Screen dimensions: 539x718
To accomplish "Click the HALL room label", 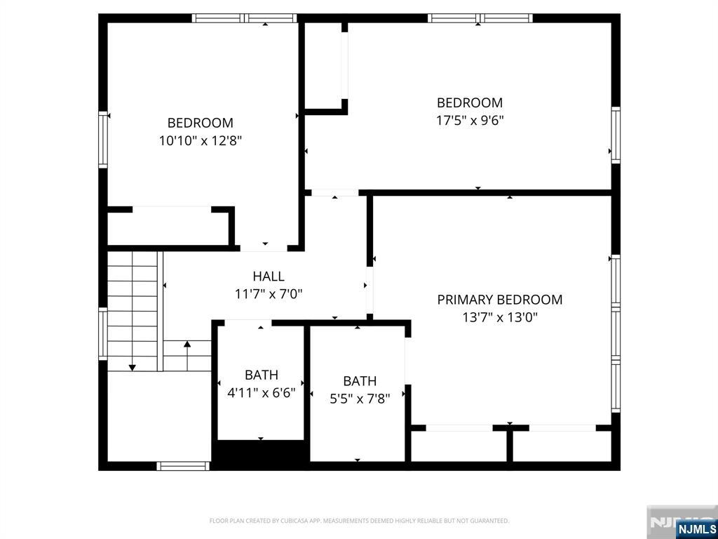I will pyautogui.click(x=269, y=277).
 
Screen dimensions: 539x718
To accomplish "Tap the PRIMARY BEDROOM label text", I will pyautogui.click(x=499, y=300).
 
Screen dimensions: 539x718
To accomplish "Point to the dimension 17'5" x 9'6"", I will pyautogui.click(x=470, y=120).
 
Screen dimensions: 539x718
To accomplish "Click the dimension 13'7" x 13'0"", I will pyautogui.click(x=499, y=317).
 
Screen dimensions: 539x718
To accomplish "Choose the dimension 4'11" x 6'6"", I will pyautogui.click(x=261, y=393).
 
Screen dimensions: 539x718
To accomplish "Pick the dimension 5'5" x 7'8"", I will pyautogui.click(x=359, y=399).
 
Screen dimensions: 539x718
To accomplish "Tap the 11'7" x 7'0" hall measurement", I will pyautogui.click(x=269, y=294).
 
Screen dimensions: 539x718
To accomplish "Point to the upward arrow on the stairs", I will pyautogui.click(x=187, y=345).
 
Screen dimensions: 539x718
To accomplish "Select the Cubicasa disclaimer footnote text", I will pyautogui.click(x=359, y=521).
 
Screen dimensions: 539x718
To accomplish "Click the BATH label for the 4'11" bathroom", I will pyautogui.click(x=261, y=375).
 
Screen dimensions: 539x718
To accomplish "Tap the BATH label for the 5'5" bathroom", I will pyautogui.click(x=359, y=381).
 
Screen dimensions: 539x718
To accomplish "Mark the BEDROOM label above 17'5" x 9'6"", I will pyautogui.click(x=470, y=102).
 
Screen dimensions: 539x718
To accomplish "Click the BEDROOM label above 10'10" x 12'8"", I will pyautogui.click(x=200, y=123).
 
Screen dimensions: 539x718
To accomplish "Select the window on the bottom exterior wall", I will pyautogui.click(x=182, y=465).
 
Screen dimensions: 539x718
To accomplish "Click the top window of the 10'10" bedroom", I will pyautogui.click(x=245, y=18).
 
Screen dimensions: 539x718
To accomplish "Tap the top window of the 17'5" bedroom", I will pyautogui.click(x=480, y=18).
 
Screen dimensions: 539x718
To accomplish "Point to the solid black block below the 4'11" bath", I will pyautogui.click(x=260, y=453).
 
